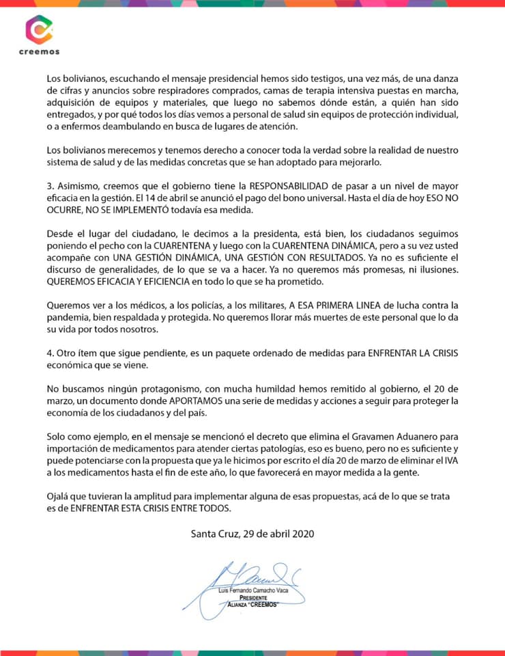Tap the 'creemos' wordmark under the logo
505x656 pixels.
[38, 51]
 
